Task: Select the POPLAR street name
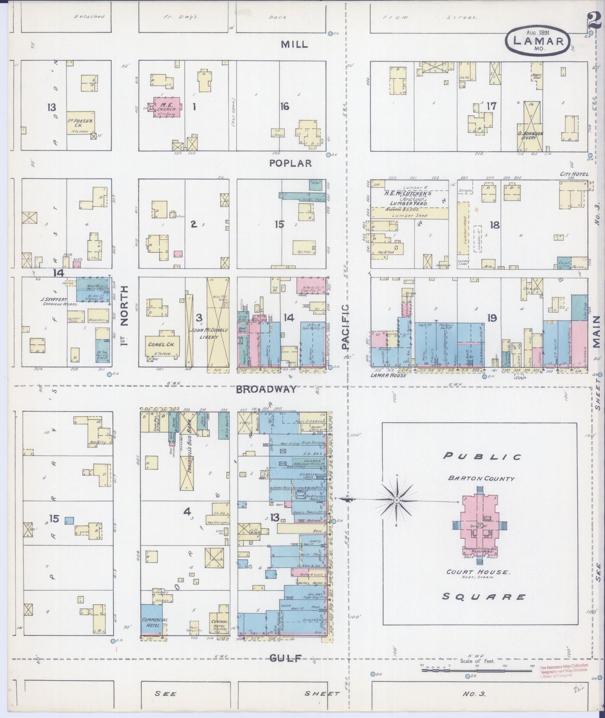coord(291,163)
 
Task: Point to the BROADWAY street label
coord(266,390)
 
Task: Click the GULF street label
coord(286,658)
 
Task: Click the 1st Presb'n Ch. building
coord(81,123)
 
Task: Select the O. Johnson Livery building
coord(530,130)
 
